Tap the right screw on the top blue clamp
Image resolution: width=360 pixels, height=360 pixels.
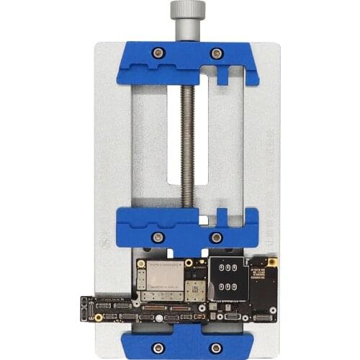216,53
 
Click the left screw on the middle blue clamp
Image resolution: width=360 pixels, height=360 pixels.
158,237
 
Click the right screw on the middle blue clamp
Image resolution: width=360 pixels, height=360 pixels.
216,237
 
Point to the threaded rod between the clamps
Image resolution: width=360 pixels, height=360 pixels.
187,144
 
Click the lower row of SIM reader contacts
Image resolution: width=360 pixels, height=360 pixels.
225,287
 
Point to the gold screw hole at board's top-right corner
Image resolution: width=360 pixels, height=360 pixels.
273,260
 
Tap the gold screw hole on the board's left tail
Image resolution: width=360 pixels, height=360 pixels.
99,316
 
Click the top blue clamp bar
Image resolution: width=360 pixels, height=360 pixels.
187,63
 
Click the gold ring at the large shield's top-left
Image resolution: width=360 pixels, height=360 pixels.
142,264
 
